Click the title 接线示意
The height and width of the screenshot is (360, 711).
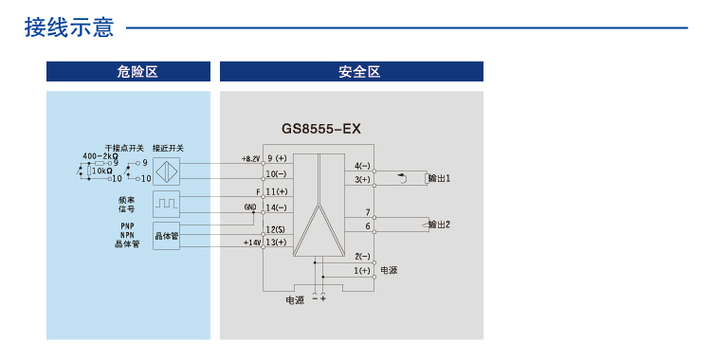tap(69, 27)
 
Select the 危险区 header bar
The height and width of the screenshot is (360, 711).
tap(128, 72)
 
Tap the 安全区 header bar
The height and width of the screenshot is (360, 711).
tap(352, 72)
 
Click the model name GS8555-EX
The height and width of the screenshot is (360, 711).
tap(320, 128)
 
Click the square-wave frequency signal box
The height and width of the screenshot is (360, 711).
tap(166, 203)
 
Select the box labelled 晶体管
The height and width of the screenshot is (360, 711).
tap(166, 234)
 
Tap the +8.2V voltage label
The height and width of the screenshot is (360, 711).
tap(250, 158)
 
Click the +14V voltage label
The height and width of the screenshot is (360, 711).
tap(251, 243)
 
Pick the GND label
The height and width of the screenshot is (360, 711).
tap(250, 207)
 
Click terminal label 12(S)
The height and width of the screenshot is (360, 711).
tap(276, 230)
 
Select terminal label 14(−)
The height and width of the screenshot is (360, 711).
tap(276, 207)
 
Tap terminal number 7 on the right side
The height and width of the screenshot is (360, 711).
tap(367, 212)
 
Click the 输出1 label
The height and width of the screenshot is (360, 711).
tap(439, 178)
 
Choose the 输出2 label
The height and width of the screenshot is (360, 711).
tap(439, 225)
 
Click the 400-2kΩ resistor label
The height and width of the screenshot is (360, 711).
tap(100, 155)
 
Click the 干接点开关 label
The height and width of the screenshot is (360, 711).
tap(124, 148)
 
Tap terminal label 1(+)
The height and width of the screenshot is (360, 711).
tap(362, 270)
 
